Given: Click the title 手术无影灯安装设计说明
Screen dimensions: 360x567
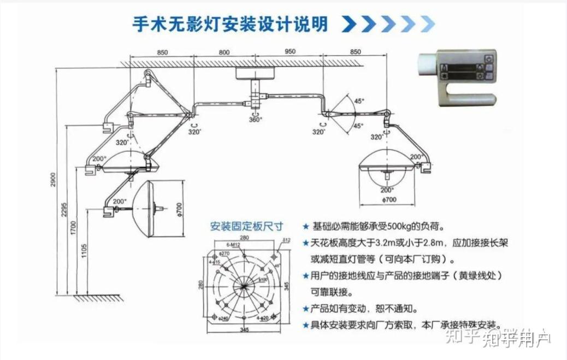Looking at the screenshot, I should pos(230,23).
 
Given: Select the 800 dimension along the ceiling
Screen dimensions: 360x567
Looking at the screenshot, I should pos(224,52).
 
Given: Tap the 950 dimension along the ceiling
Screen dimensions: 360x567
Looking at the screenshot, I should pos(290,52).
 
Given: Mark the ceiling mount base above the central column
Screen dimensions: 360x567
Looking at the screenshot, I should pos(254,73).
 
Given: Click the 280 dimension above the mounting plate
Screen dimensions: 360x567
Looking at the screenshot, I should pos(244,238).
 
